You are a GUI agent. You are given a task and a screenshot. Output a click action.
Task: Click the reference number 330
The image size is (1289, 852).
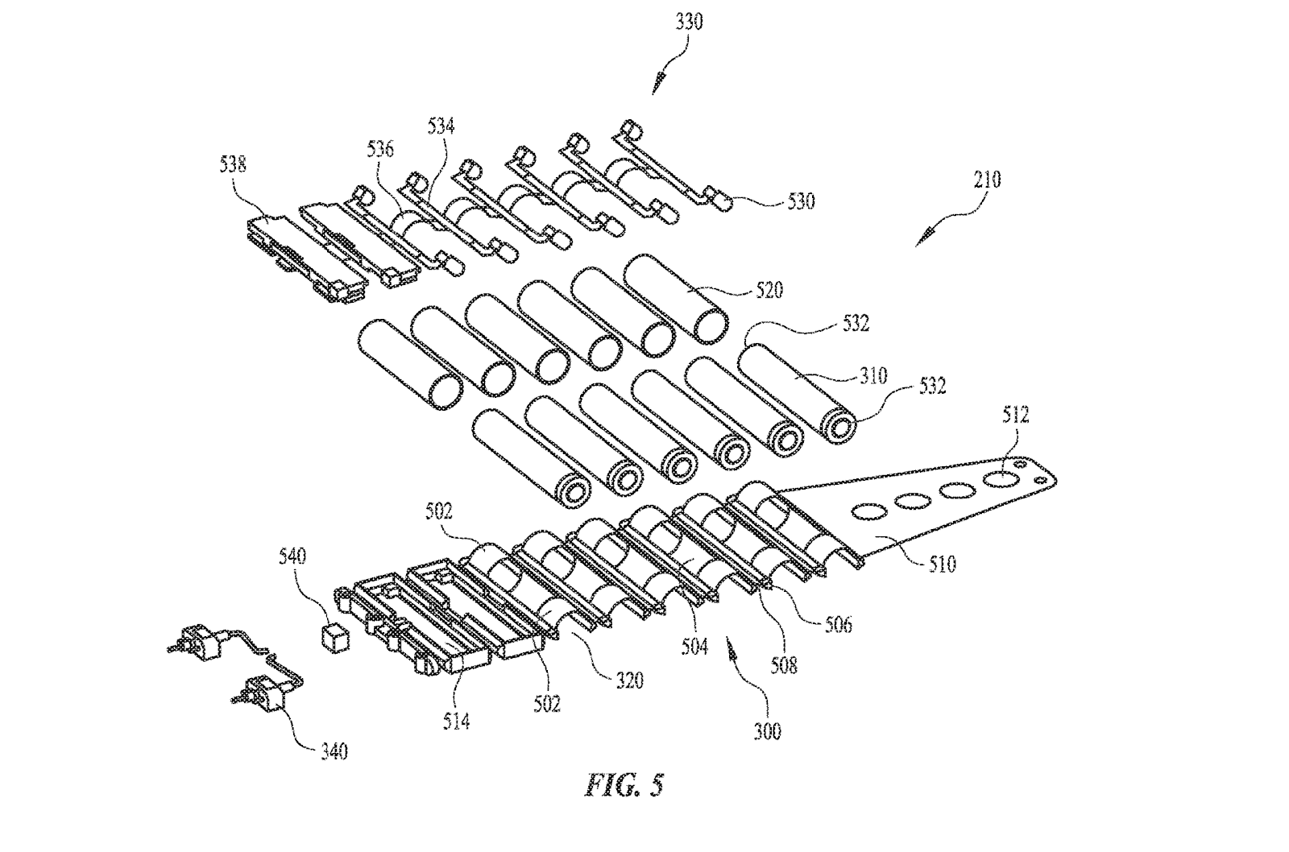pos(690,22)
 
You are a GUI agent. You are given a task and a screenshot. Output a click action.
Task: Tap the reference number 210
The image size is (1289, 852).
pos(988,180)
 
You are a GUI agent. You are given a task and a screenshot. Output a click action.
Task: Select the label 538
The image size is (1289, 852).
pos(233,164)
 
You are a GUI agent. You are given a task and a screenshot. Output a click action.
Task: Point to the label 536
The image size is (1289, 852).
pos(381,149)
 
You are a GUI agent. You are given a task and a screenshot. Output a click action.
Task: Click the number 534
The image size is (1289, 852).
pos(441,126)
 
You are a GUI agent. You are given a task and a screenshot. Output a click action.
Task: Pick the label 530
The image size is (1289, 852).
pos(801,201)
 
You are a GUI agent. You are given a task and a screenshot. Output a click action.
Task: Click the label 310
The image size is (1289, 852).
pos(873,376)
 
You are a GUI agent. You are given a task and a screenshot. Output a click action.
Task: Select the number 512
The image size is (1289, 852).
pos(1015,415)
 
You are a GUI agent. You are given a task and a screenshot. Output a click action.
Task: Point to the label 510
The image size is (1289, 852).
pos(942,565)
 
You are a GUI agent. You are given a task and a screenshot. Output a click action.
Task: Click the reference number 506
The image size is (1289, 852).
pos(839,624)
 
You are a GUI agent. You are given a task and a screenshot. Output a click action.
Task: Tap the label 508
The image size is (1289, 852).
pos(784,666)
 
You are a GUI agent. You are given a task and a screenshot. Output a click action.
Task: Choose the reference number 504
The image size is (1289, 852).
pos(694,647)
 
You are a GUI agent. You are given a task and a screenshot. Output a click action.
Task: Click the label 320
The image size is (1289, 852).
pos(629,681)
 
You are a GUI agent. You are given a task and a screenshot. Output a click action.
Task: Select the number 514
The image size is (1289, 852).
pos(456,721)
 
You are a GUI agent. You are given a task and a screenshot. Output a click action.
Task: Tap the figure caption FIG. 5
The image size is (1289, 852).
pos(624,784)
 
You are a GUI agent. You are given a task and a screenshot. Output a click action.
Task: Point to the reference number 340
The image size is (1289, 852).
pos(334,751)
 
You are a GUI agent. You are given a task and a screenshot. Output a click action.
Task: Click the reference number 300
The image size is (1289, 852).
pos(768,732)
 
